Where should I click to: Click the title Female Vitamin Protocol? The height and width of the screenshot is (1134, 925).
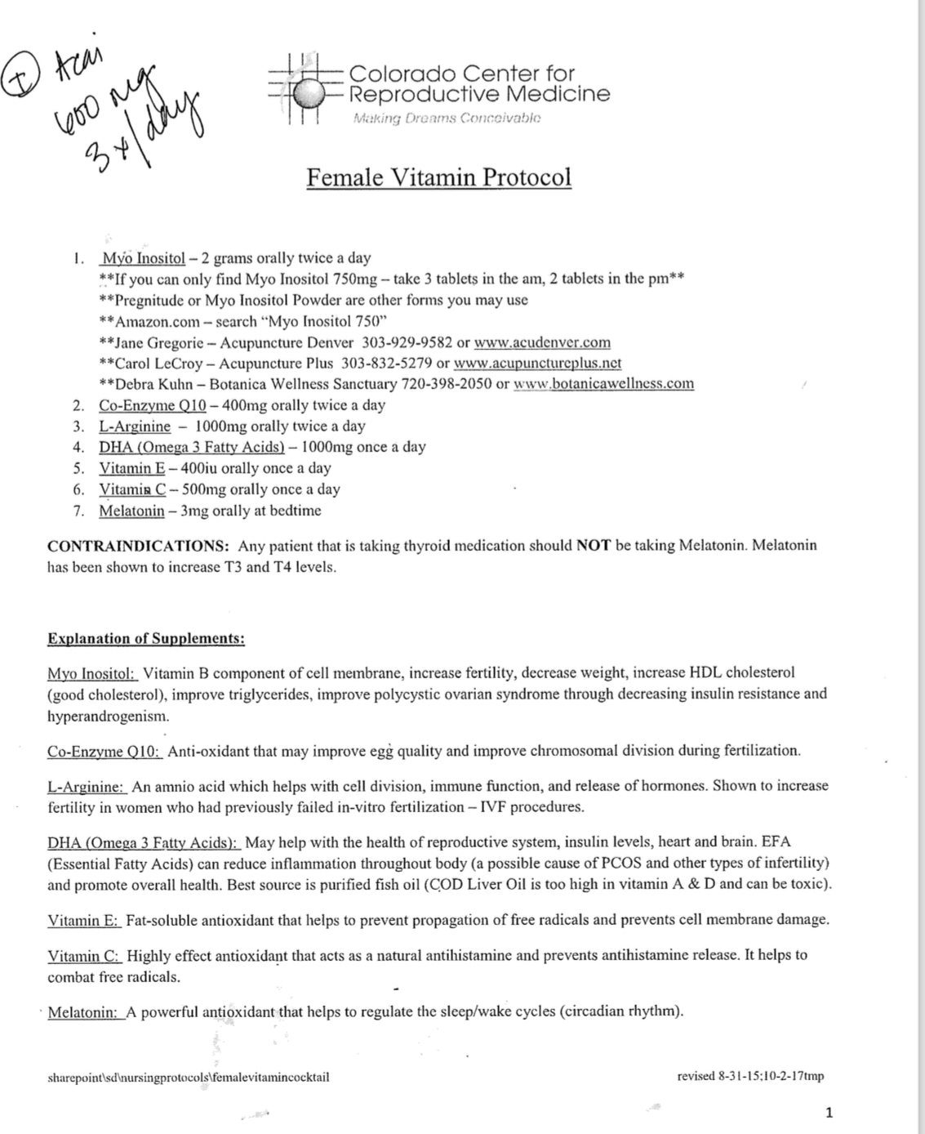439,176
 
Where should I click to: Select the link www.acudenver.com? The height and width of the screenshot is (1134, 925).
542,342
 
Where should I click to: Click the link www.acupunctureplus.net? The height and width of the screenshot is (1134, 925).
537,363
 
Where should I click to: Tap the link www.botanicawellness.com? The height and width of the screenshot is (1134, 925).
603,383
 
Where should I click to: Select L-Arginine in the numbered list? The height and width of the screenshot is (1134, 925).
135,426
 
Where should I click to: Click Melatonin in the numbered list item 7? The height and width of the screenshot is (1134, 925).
131,511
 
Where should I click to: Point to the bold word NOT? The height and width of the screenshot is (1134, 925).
594,545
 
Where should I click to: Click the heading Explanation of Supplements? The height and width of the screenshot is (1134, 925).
146,638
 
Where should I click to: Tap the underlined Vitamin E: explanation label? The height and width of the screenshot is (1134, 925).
84,920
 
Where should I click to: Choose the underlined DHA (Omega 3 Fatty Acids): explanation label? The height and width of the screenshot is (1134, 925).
144,842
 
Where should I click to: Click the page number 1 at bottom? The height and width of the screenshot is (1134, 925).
829,1112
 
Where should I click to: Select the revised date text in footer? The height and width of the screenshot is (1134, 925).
750,1076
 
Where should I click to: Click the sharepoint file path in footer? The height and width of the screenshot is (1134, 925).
189,1077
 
